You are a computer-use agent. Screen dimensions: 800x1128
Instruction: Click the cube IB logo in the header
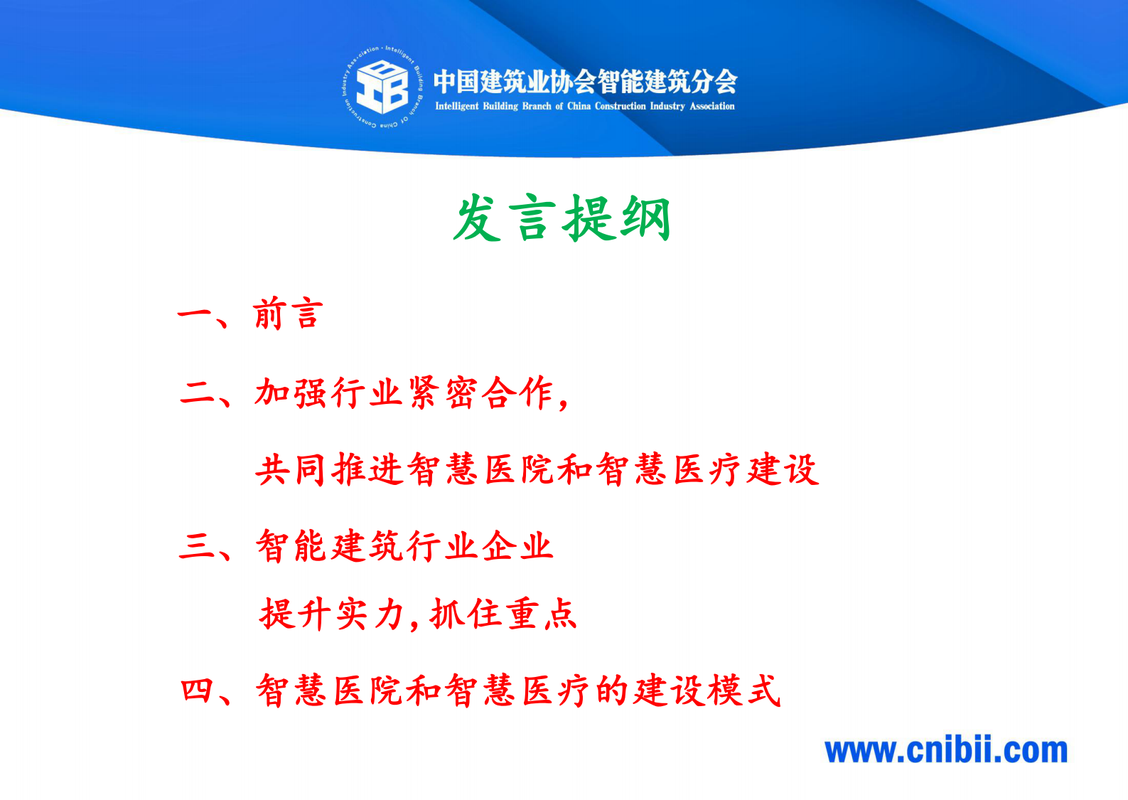(382, 87)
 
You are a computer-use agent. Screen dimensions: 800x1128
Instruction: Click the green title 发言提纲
(562, 218)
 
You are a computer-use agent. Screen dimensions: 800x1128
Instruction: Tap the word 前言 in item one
(288, 314)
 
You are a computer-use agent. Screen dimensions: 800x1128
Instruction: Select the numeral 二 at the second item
(198, 393)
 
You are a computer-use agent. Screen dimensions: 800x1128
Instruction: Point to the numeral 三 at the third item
(198, 546)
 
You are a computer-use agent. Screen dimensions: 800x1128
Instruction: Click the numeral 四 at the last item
(198, 690)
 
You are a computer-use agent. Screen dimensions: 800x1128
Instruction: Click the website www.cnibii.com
(946, 751)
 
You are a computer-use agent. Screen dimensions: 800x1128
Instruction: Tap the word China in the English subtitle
(579, 107)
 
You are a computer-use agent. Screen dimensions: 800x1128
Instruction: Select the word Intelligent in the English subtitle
(456, 107)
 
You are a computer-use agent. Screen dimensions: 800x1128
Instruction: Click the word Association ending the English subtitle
(711, 107)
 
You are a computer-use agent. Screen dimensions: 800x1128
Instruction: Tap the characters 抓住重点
(503, 614)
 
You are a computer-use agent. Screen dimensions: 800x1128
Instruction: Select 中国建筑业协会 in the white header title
(514, 82)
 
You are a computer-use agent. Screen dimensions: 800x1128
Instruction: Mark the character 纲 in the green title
(645, 218)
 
